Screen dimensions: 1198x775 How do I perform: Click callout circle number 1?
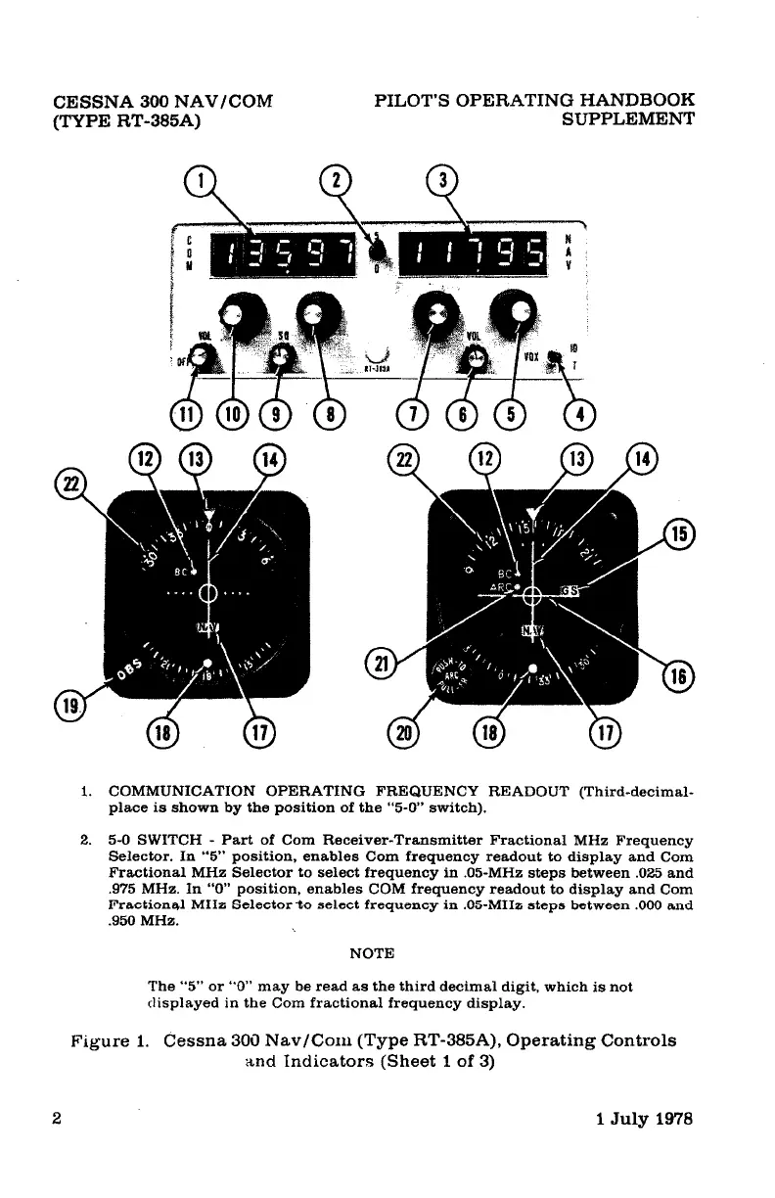coord(199,182)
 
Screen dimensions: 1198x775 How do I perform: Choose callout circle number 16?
coord(679,677)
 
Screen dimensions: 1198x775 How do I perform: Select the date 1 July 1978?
coord(645,1120)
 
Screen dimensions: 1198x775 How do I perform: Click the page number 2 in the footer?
coord(58,1120)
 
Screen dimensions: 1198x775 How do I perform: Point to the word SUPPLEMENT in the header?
coord(629,119)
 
